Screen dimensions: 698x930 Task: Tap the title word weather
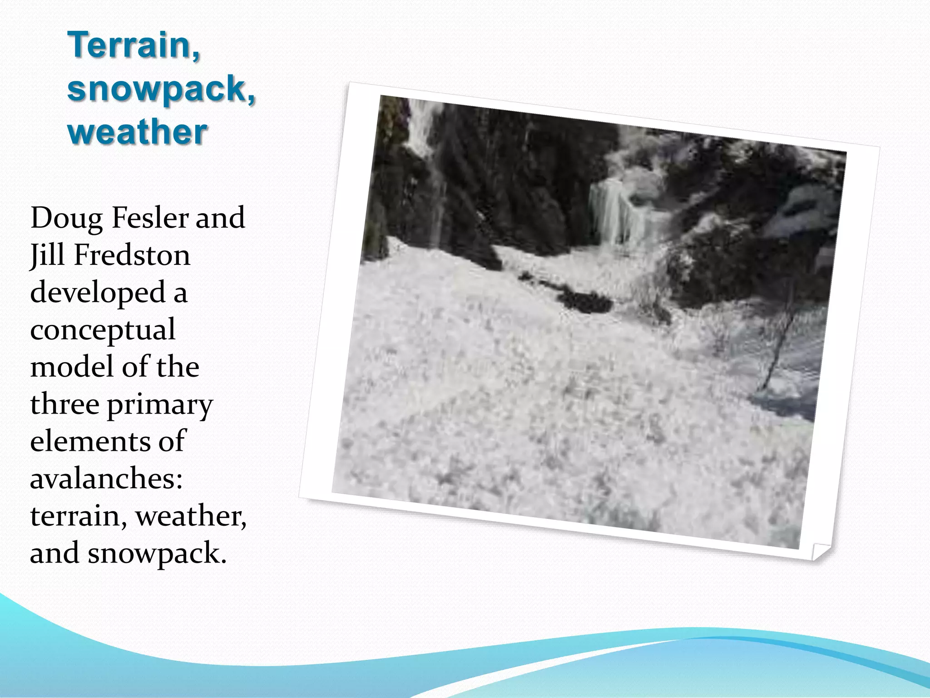(x=137, y=132)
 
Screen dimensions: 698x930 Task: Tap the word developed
(x=98, y=293)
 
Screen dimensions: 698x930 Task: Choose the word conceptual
(x=103, y=330)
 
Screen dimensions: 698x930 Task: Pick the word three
(x=64, y=404)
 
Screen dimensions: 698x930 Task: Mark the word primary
(x=160, y=405)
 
